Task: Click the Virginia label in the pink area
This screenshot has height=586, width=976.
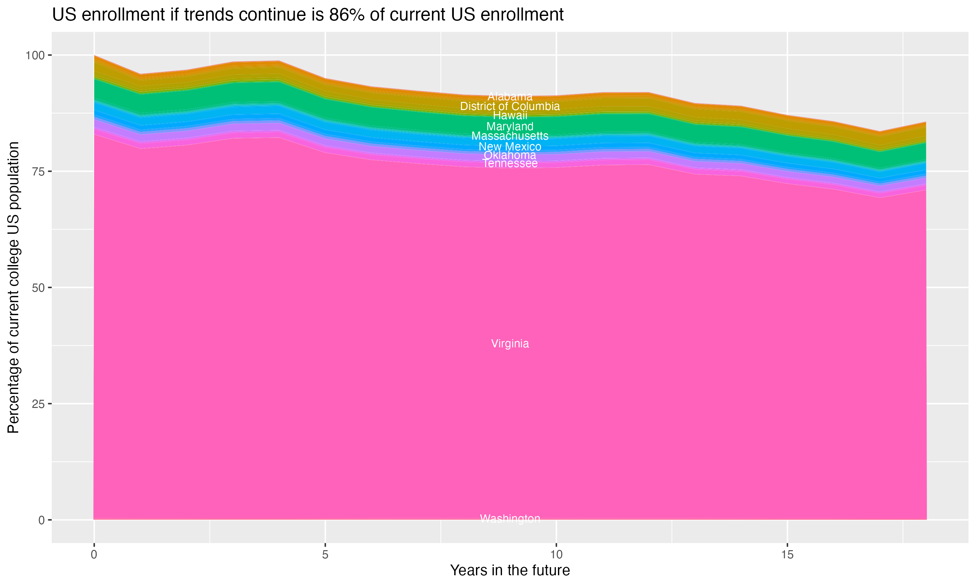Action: tap(510, 343)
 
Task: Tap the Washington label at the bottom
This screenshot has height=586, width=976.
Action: tap(510, 519)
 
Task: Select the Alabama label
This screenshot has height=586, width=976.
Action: tap(510, 96)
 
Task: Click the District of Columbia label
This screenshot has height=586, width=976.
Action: tap(510, 106)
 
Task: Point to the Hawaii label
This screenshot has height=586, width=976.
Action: tap(510, 116)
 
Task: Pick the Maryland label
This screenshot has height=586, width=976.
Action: tap(510, 126)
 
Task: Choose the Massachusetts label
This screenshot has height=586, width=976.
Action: tap(510, 136)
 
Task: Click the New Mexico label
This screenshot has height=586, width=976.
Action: tap(510, 146)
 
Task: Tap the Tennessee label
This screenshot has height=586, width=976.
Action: tap(510, 163)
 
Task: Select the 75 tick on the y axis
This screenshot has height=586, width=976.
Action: tap(38, 171)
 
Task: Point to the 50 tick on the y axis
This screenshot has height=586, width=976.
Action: tap(38, 287)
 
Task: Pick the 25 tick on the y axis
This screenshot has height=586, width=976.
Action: tap(38, 404)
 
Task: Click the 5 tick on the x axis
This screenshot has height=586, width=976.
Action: tap(325, 555)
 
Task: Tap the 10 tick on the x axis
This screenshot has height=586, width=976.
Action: tap(556, 555)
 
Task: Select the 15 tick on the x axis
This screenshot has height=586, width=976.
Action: tap(787, 555)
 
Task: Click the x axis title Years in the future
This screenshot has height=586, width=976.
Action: tap(510, 570)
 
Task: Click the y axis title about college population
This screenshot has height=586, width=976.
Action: tap(13, 287)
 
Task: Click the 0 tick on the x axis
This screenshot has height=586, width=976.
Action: tap(94, 555)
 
